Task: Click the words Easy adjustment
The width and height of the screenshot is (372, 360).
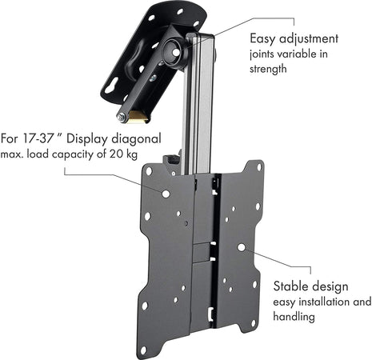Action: point(294,38)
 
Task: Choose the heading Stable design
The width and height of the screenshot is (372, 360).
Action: point(310,286)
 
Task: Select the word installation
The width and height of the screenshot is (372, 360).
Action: point(322,302)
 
